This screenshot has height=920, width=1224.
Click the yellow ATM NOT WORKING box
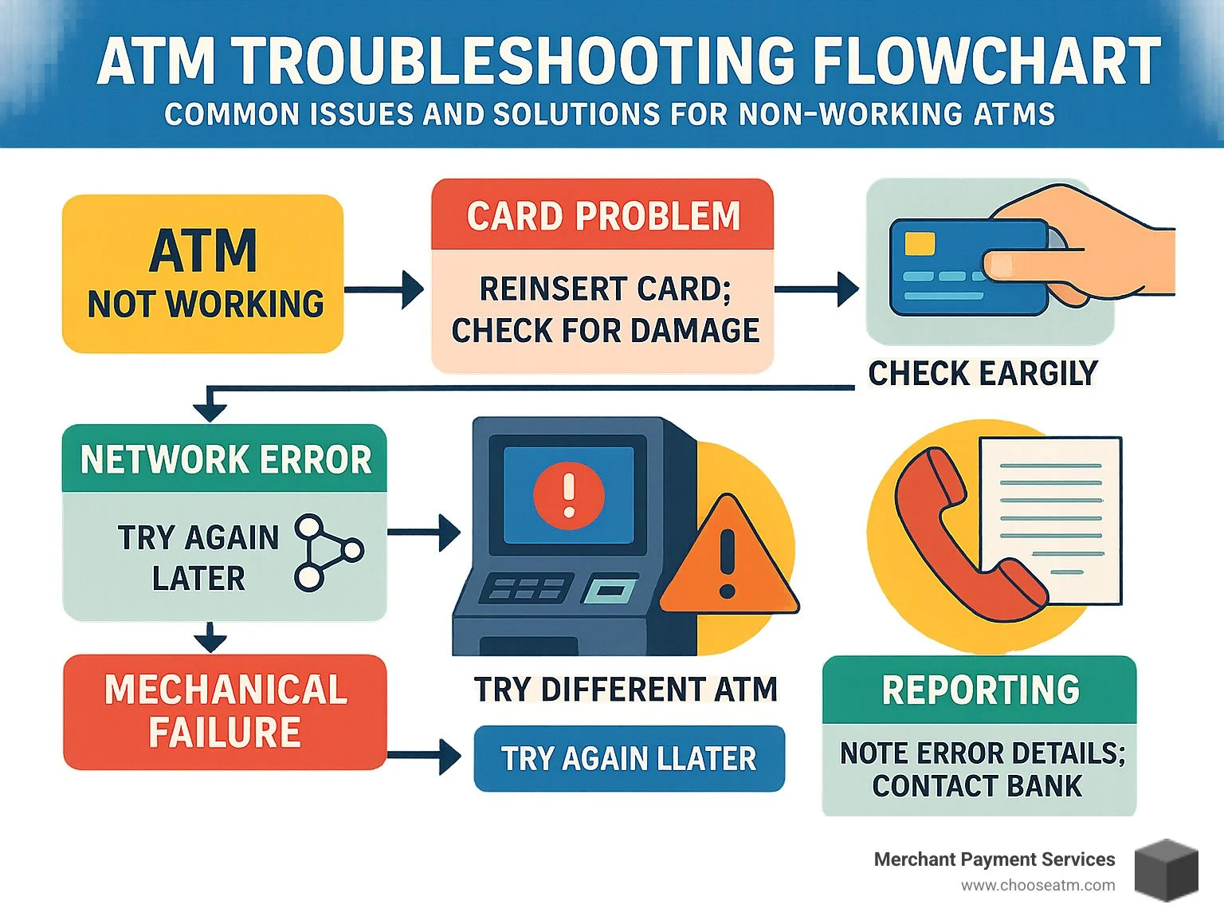click(202, 273)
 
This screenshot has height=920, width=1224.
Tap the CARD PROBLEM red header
click(602, 215)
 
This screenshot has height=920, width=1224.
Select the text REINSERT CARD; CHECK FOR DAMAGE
click(604, 310)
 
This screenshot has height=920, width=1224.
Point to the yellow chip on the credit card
click(920, 243)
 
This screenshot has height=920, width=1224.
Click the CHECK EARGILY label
click(983, 373)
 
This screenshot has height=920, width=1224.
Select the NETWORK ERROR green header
click(225, 459)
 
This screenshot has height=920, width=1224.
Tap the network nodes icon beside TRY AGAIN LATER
click(327, 552)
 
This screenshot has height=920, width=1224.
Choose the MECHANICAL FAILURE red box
click(225, 711)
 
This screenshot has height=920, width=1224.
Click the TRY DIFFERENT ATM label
click(625, 690)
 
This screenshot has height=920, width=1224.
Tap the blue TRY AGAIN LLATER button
click(629, 758)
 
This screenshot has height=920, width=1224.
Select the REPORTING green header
click(979, 690)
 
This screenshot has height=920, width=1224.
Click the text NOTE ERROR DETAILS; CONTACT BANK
click(980, 769)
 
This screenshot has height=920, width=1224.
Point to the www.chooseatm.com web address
click(1038, 885)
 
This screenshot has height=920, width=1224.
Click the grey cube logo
click(1166, 871)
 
